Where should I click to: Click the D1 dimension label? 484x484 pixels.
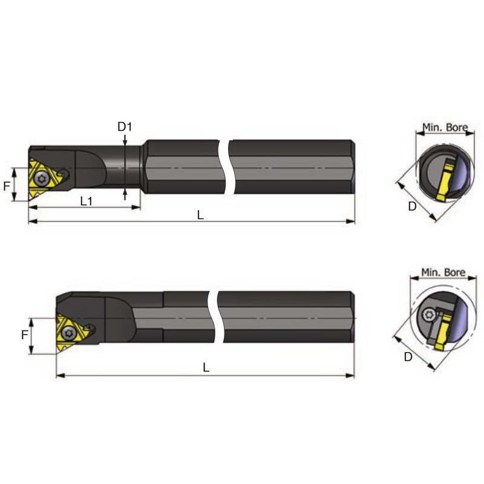pyautogui.click(x=125, y=126)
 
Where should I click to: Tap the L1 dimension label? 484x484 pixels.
pyautogui.click(x=87, y=201)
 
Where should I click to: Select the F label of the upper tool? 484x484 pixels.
pyautogui.click(x=7, y=186)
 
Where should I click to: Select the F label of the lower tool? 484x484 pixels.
pyautogui.click(x=25, y=335)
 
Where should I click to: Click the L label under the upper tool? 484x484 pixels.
pyautogui.click(x=200, y=215)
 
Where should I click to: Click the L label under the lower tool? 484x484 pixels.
pyautogui.click(x=206, y=367)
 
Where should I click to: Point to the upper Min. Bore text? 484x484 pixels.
pyautogui.click(x=445, y=127)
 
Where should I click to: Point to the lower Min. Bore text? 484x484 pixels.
pyautogui.click(x=443, y=272)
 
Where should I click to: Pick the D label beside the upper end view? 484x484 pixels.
pyautogui.click(x=413, y=206)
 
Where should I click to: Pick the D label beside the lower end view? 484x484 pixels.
pyautogui.click(x=408, y=357)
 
